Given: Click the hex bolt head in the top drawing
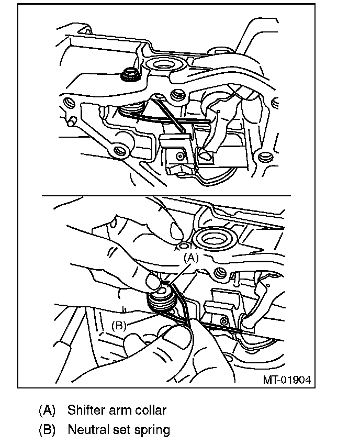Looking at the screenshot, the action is click(129, 75).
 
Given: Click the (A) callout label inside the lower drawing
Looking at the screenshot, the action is click(192, 258).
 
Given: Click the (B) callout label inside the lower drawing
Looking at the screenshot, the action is click(119, 325).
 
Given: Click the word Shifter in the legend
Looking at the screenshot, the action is click(85, 409).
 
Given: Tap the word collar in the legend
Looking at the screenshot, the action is click(152, 409).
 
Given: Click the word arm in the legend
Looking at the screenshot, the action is click(123, 409).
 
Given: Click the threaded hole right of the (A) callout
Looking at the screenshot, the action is click(220, 273).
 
